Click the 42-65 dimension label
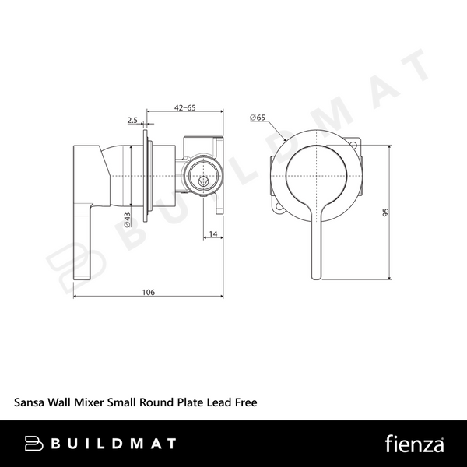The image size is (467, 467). click(x=185, y=107)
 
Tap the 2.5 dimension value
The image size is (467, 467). click(x=132, y=120)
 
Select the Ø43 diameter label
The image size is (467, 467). click(x=127, y=219)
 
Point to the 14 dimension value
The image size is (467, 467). click(x=213, y=233)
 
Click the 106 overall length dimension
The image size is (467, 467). click(x=149, y=292)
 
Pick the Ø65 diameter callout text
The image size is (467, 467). click(x=258, y=118)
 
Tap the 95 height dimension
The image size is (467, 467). click(x=386, y=212)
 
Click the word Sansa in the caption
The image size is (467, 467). click(x=30, y=402)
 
